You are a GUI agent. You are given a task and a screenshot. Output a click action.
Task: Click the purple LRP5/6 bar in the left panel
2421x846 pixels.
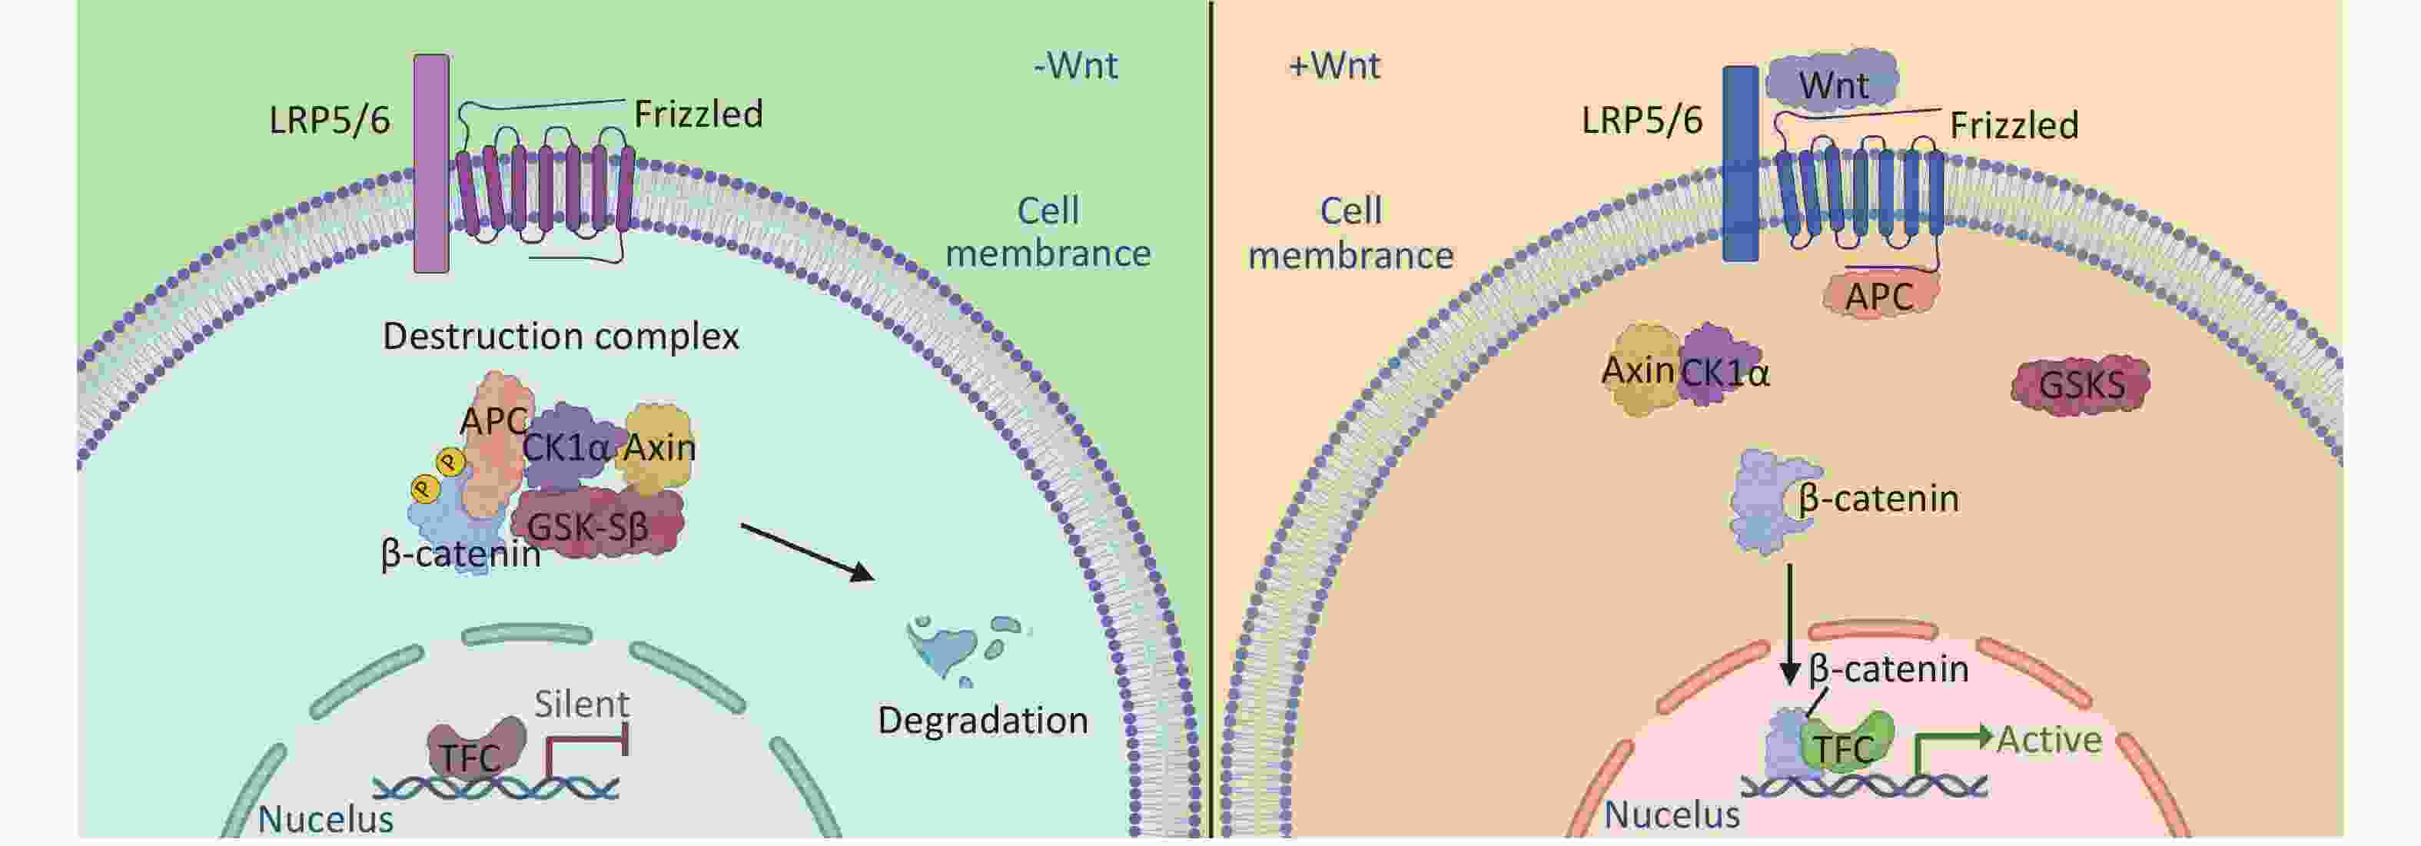point(431,164)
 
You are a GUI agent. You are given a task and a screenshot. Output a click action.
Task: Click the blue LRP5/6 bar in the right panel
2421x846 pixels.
point(1739,164)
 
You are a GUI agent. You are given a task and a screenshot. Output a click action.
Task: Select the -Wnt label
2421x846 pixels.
point(1075,66)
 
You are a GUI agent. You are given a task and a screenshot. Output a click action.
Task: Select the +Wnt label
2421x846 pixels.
point(1334,66)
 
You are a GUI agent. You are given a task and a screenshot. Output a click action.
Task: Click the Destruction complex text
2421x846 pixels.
point(560,336)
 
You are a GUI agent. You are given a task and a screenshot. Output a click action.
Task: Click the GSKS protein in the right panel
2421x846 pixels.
point(2081,384)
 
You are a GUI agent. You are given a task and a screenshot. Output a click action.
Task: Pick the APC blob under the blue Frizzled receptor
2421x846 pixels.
point(1880,296)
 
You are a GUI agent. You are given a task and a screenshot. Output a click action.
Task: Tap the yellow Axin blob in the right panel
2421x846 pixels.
point(1639,370)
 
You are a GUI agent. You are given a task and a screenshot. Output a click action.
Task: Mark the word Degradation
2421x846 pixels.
point(982,720)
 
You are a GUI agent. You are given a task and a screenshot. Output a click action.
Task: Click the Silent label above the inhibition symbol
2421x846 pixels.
point(582,704)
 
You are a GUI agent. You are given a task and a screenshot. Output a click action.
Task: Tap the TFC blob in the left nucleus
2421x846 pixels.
point(475,749)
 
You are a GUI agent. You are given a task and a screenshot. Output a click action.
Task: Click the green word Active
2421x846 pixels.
point(2049,740)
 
